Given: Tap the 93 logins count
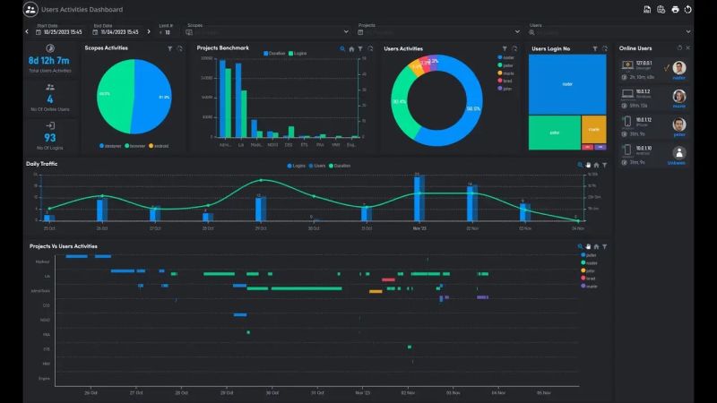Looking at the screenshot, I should [49, 137].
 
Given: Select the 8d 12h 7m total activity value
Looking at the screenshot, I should [49, 61].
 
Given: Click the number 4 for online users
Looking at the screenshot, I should [49, 99].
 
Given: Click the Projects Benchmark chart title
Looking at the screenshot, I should [222, 47].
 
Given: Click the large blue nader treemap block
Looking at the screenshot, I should [566, 83].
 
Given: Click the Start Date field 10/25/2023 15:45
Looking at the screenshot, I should [60, 31].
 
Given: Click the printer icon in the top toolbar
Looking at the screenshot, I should [675, 9].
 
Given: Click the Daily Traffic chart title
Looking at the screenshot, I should [44, 164].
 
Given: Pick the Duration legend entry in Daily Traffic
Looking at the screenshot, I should [344, 166].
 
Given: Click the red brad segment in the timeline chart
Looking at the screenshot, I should [388, 279].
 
